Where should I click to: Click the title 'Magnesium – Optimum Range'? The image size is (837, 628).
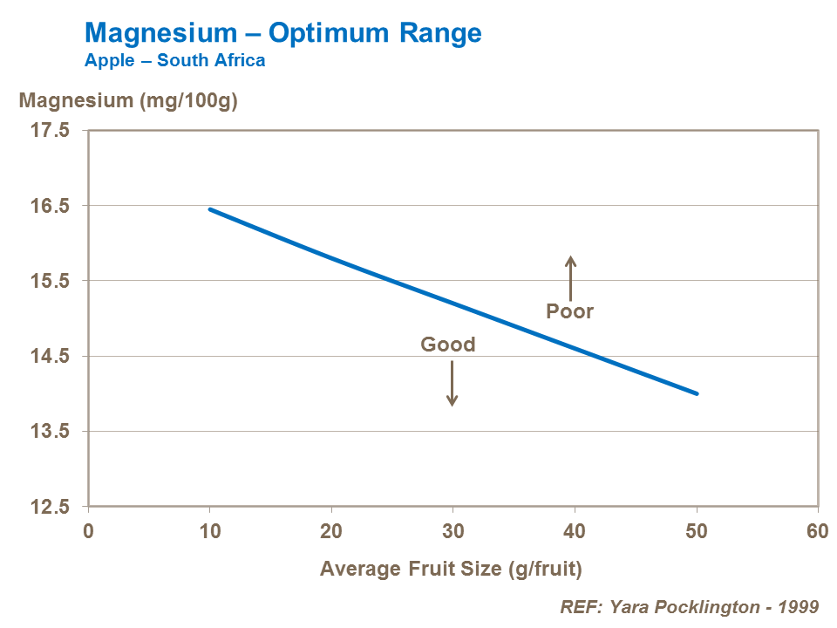282,33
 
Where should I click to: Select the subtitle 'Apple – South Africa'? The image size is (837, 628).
174,61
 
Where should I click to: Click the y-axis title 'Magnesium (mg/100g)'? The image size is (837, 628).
128,100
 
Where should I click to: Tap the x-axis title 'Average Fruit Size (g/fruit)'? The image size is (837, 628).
450,569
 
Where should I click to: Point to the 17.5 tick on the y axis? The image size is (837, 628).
51,131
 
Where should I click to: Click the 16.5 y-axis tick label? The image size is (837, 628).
51,206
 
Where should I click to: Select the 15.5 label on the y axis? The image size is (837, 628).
51,281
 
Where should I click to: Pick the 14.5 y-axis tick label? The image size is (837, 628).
51,356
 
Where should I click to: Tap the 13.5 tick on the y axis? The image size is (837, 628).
51,431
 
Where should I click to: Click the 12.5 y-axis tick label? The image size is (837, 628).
51,507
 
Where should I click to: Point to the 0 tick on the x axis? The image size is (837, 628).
88,531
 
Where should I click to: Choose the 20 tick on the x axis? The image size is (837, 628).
331,531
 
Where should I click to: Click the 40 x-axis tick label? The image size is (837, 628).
575,531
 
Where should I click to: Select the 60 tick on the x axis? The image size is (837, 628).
817,531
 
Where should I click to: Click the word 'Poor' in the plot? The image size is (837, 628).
569,311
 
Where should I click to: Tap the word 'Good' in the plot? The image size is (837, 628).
448,345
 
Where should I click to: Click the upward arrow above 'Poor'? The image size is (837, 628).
571,277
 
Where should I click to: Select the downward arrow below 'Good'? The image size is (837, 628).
452,383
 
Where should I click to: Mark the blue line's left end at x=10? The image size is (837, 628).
210,209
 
